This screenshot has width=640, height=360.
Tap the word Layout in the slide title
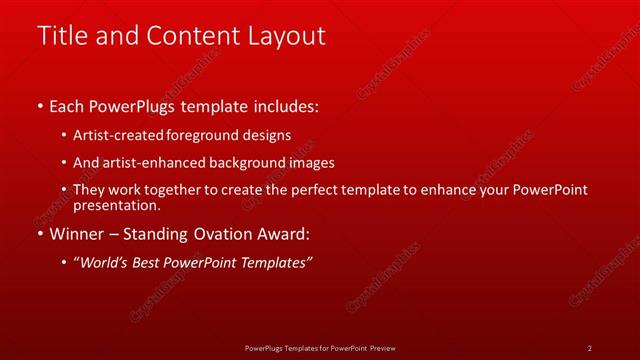284,36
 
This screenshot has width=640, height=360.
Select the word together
180,190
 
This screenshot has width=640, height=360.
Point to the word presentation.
115,206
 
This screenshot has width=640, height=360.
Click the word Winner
78,234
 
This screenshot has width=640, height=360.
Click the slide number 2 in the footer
589,348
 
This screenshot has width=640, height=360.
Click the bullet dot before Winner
39,234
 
